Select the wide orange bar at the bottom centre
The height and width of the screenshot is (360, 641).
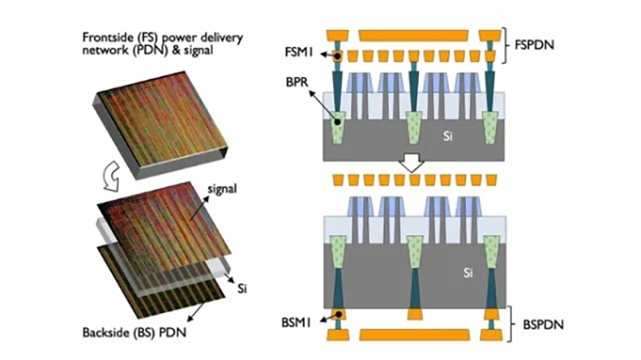click(x=412, y=334)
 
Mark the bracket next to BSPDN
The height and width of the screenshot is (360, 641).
click(x=511, y=325)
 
